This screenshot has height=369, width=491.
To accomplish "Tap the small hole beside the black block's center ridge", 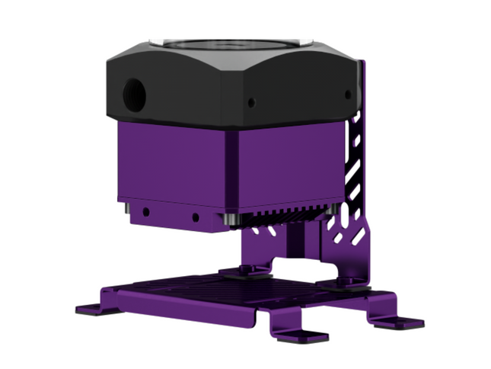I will click(250, 101).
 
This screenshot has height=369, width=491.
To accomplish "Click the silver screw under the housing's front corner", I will click(228, 220).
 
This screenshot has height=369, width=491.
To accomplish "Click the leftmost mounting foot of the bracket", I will click(90, 309).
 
